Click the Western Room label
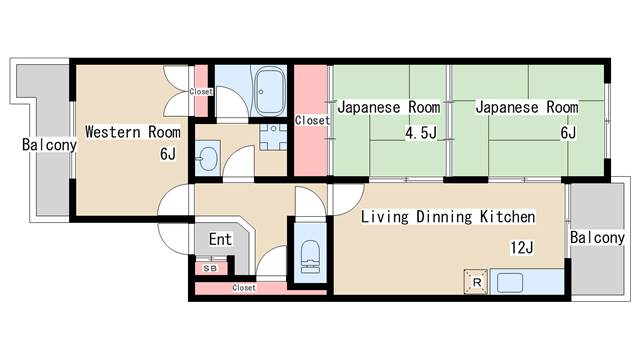tap(132, 132)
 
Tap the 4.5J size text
tap(420, 132)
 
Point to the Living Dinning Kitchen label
tap(447, 217)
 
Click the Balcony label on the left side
tap(49, 146)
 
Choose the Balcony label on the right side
tap(597, 238)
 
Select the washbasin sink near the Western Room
tap(207, 158)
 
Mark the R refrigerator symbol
tap(475, 282)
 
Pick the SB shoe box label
tap(210, 268)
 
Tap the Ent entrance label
tap(220, 240)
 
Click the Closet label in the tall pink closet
tap(311, 121)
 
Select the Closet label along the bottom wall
tap(243, 288)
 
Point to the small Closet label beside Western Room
tap(201, 92)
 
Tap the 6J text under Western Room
tap(166, 154)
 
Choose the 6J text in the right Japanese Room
tap(567, 132)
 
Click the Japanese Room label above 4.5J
tap(388, 107)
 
